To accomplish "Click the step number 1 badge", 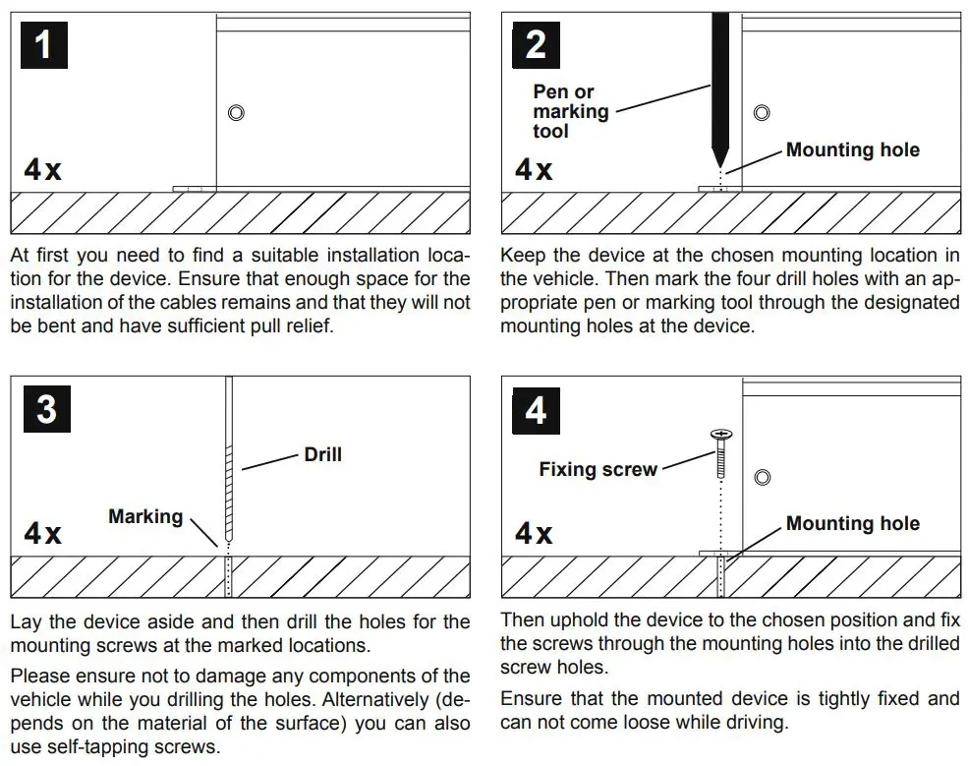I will (x=43, y=45).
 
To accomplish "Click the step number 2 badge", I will (x=536, y=45).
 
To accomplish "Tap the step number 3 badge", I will (x=46, y=408).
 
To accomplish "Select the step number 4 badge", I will (x=536, y=408).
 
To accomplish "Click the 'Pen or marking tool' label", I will (x=570, y=111).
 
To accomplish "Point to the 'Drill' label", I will (x=322, y=454).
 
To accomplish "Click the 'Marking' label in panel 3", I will (x=145, y=516).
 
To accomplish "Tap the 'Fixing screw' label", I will (x=598, y=469).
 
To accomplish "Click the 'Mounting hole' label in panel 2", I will (x=852, y=150).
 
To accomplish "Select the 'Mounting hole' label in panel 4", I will (x=852, y=523).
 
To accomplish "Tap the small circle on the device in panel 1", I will (x=236, y=113).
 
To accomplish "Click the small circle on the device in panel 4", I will (x=761, y=478).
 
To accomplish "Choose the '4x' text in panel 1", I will (x=42, y=170).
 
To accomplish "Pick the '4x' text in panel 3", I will (x=42, y=534).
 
